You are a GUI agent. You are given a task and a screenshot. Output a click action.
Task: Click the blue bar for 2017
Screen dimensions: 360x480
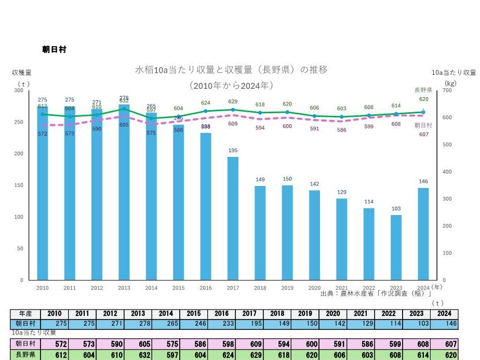[x=233, y=218]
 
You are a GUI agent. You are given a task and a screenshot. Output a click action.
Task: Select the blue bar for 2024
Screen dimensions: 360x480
[x=423, y=234]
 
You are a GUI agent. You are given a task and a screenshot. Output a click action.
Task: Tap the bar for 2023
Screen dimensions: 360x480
[x=396, y=247]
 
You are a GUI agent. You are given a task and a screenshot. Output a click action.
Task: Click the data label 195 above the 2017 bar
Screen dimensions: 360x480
[x=233, y=151]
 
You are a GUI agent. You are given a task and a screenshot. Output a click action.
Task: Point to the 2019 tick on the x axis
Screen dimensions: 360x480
[x=287, y=288]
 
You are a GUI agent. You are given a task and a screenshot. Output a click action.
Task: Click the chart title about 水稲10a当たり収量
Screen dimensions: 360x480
[x=232, y=70]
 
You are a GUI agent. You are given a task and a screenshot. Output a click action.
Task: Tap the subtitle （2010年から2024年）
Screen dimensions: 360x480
[x=232, y=85]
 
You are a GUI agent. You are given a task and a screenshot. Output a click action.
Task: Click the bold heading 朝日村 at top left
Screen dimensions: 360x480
[x=54, y=49]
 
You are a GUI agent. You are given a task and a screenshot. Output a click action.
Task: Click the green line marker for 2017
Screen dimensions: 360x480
[x=233, y=110]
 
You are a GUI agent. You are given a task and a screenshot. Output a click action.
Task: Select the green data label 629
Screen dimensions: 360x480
[x=233, y=102]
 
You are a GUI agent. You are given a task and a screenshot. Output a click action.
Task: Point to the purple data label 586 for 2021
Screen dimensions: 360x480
[x=341, y=130]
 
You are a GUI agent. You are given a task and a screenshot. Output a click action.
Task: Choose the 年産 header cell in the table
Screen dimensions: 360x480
[x=25, y=314]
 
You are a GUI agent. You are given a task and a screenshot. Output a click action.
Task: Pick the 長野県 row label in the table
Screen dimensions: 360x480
[x=25, y=355]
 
